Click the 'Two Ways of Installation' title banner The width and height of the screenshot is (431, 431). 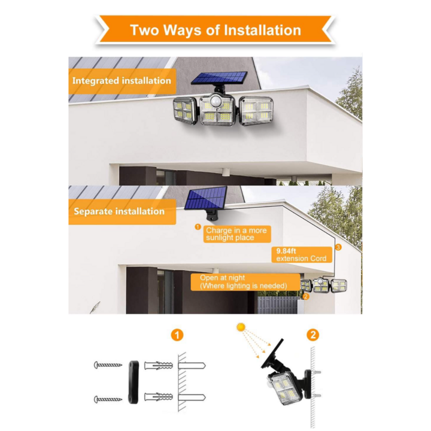pyautogui.click(x=215, y=30)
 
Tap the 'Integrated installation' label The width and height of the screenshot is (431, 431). pyautogui.click(x=122, y=81)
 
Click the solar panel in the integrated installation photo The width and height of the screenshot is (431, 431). pyautogui.click(x=219, y=78)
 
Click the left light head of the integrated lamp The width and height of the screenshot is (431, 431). pyautogui.click(x=185, y=112)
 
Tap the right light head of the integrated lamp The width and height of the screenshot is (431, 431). pyautogui.click(x=256, y=111)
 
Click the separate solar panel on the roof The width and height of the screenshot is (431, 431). pyautogui.click(x=206, y=198)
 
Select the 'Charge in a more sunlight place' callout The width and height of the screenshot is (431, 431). pyautogui.click(x=236, y=234)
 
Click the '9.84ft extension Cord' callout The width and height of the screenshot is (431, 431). pyautogui.click(x=302, y=255)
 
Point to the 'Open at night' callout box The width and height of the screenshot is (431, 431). pyautogui.click(x=245, y=282)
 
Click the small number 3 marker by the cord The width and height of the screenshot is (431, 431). pyautogui.click(x=338, y=247)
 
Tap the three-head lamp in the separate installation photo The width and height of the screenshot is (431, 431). pyautogui.click(x=323, y=286)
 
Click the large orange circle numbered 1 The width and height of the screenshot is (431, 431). pyautogui.click(x=177, y=335)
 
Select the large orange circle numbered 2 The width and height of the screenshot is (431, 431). pyautogui.click(x=313, y=335)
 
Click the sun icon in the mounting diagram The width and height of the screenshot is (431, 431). pyautogui.click(x=241, y=327)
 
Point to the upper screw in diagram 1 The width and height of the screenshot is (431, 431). pyautogui.click(x=108, y=365)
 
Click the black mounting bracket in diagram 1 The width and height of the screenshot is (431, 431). pyautogui.click(x=133, y=382)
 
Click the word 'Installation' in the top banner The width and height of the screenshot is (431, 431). pyautogui.click(x=263, y=30)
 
